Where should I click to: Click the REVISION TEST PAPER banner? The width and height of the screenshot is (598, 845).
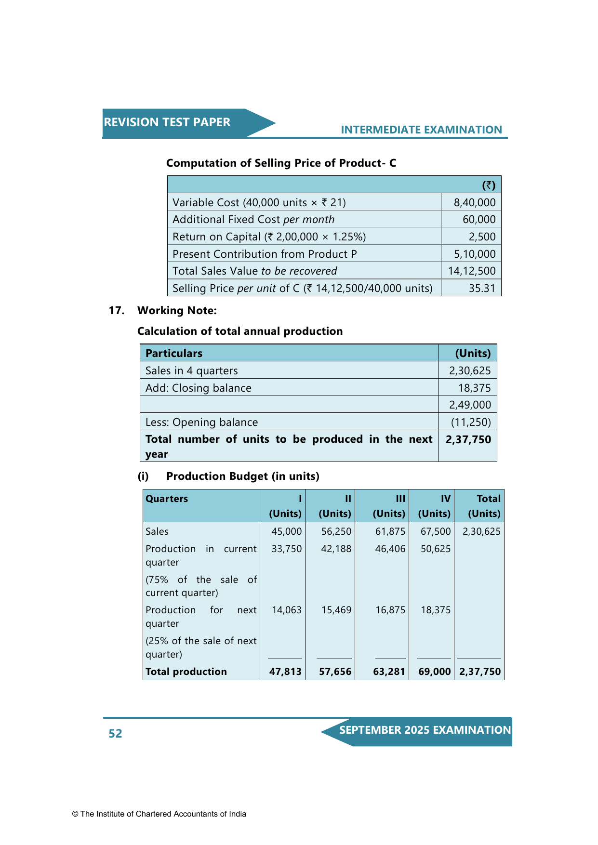[x=167, y=122]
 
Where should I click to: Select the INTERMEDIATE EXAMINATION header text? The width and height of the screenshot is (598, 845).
[x=421, y=130]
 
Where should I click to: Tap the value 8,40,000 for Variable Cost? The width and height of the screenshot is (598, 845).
[x=474, y=202]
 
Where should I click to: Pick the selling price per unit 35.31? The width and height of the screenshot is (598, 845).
[x=482, y=288]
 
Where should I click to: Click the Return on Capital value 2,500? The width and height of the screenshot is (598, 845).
[x=482, y=237]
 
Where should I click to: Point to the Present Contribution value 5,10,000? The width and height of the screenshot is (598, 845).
[x=474, y=254]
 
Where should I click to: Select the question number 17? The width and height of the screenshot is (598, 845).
[x=117, y=310]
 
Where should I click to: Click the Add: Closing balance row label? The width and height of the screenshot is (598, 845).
[x=199, y=388]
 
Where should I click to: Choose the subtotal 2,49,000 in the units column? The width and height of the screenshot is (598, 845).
[x=470, y=405]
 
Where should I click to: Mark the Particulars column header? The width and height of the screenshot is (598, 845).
[x=174, y=353]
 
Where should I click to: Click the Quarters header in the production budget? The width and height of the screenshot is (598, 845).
[x=167, y=499]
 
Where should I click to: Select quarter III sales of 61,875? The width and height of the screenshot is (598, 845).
[x=390, y=531]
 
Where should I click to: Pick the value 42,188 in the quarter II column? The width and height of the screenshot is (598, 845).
[x=336, y=549]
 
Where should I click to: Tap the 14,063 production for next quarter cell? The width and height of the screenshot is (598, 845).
[x=286, y=610]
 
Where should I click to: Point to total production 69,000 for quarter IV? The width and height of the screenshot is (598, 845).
[x=434, y=672]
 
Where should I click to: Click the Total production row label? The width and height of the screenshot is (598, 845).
[x=186, y=672]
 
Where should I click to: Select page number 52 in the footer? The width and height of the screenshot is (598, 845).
[x=116, y=733]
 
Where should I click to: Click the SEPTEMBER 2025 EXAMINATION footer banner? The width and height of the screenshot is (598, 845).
[x=425, y=730]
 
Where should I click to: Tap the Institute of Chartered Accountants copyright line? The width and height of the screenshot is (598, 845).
[x=159, y=814]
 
